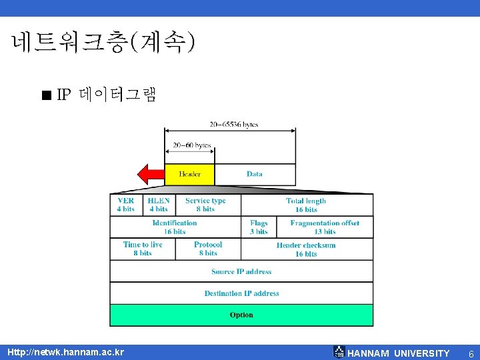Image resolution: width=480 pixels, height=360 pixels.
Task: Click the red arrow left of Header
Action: (x=150, y=174)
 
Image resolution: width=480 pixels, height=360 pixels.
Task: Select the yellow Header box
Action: (x=189, y=174)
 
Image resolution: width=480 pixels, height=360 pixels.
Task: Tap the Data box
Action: (x=255, y=174)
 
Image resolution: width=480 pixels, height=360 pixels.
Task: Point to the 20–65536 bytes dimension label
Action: (x=233, y=125)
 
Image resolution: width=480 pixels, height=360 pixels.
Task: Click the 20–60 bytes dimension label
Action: (x=192, y=145)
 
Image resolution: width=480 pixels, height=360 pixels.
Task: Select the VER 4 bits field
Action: (x=126, y=205)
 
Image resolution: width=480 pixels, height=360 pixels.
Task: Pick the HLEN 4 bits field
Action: (x=159, y=205)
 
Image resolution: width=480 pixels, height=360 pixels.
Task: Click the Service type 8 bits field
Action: (x=205, y=205)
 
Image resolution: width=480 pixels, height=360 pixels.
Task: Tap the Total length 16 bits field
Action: (x=306, y=205)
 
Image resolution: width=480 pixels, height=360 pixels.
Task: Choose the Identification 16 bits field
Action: (x=175, y=227)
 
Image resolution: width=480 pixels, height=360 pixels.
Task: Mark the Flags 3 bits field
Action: (x=259, y=227)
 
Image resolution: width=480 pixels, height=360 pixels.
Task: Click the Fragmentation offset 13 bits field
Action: (x=325, y=227)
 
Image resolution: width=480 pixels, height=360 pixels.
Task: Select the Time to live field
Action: (x=143, y=249)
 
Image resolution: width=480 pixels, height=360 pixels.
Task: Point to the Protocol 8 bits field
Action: (x=208, y=249)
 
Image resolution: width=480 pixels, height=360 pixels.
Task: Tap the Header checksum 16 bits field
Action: (x=306, y=249)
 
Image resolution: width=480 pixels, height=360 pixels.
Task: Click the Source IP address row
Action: (x=241, y=271)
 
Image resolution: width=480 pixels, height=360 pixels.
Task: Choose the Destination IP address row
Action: (x=241, y=293)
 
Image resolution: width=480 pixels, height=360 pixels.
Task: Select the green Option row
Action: (x=241, y=315)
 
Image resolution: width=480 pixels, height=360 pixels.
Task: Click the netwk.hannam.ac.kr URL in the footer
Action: (x=65, y=352)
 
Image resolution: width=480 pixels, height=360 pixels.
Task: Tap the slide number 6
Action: (x=471, y=353)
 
